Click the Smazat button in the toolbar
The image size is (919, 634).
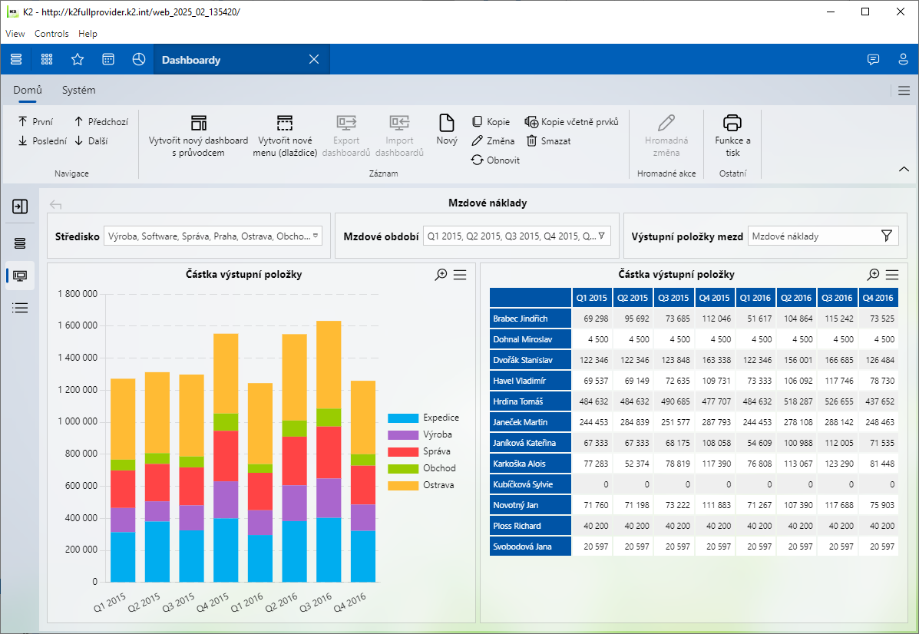548,141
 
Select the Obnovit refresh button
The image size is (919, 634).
495,160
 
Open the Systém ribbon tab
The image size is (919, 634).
79,90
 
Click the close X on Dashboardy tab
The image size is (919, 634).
313,60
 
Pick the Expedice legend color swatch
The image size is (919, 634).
403,418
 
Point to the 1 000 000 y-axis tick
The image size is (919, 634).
78,421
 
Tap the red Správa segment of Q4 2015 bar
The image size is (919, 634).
226,456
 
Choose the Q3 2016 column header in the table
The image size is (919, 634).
837,298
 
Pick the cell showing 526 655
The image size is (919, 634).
837,401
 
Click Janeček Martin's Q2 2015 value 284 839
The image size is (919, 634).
633,422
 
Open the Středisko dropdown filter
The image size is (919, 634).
213,236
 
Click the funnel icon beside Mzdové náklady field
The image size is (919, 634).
887,236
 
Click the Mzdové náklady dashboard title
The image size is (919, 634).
488,203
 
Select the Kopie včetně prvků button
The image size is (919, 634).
571,122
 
